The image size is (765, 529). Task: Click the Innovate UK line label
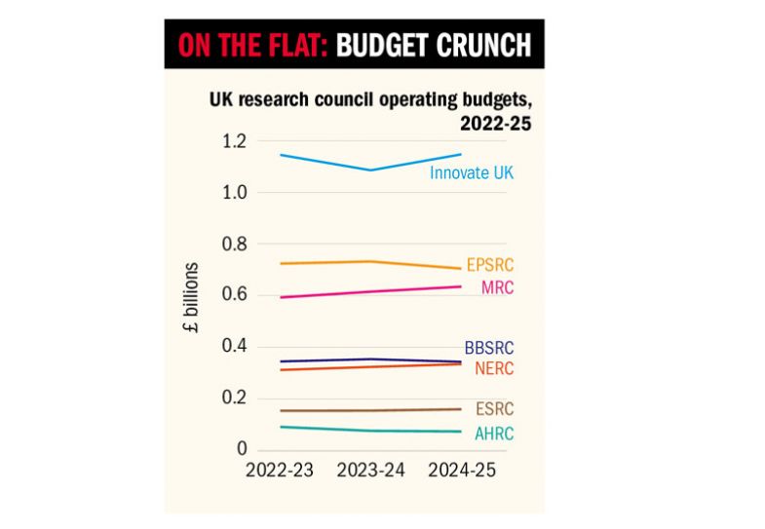coord(472,173)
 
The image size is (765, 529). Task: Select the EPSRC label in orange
coord(490,264)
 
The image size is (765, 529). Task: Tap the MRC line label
coord(497,287)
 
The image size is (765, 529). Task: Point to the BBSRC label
coord(488,349)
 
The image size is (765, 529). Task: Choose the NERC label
coord(494,368)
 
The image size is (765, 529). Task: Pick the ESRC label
coord(493,409)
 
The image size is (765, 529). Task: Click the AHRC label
coord(493,434)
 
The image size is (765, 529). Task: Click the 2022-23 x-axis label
coord(279,471)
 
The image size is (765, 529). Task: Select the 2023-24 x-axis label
coord(370,471)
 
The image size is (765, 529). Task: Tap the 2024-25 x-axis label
coord(463,471)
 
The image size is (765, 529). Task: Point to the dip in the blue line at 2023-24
coord(370,170)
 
